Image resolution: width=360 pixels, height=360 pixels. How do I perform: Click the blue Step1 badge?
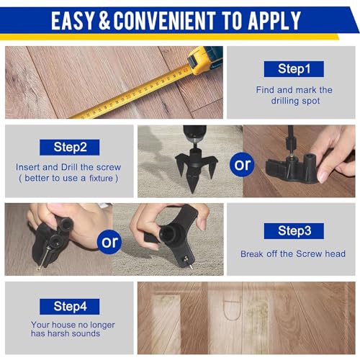tap(294, 68)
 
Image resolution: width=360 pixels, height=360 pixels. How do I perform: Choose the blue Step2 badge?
tap(71, 147)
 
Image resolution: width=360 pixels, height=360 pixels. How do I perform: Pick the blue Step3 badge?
tap(293, 230)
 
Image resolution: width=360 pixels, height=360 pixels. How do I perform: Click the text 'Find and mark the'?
tap(294, 90)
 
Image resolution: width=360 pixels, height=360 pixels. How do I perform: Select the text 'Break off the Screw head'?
tap(293, 253)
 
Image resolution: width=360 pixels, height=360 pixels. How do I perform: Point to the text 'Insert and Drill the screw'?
tap(69, 167)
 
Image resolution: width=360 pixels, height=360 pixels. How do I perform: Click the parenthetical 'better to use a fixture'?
tap(69, 178)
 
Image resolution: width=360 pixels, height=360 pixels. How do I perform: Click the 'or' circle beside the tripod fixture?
tap(243, 164)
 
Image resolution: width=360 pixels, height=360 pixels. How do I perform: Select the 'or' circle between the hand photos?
tap(110, 241)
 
